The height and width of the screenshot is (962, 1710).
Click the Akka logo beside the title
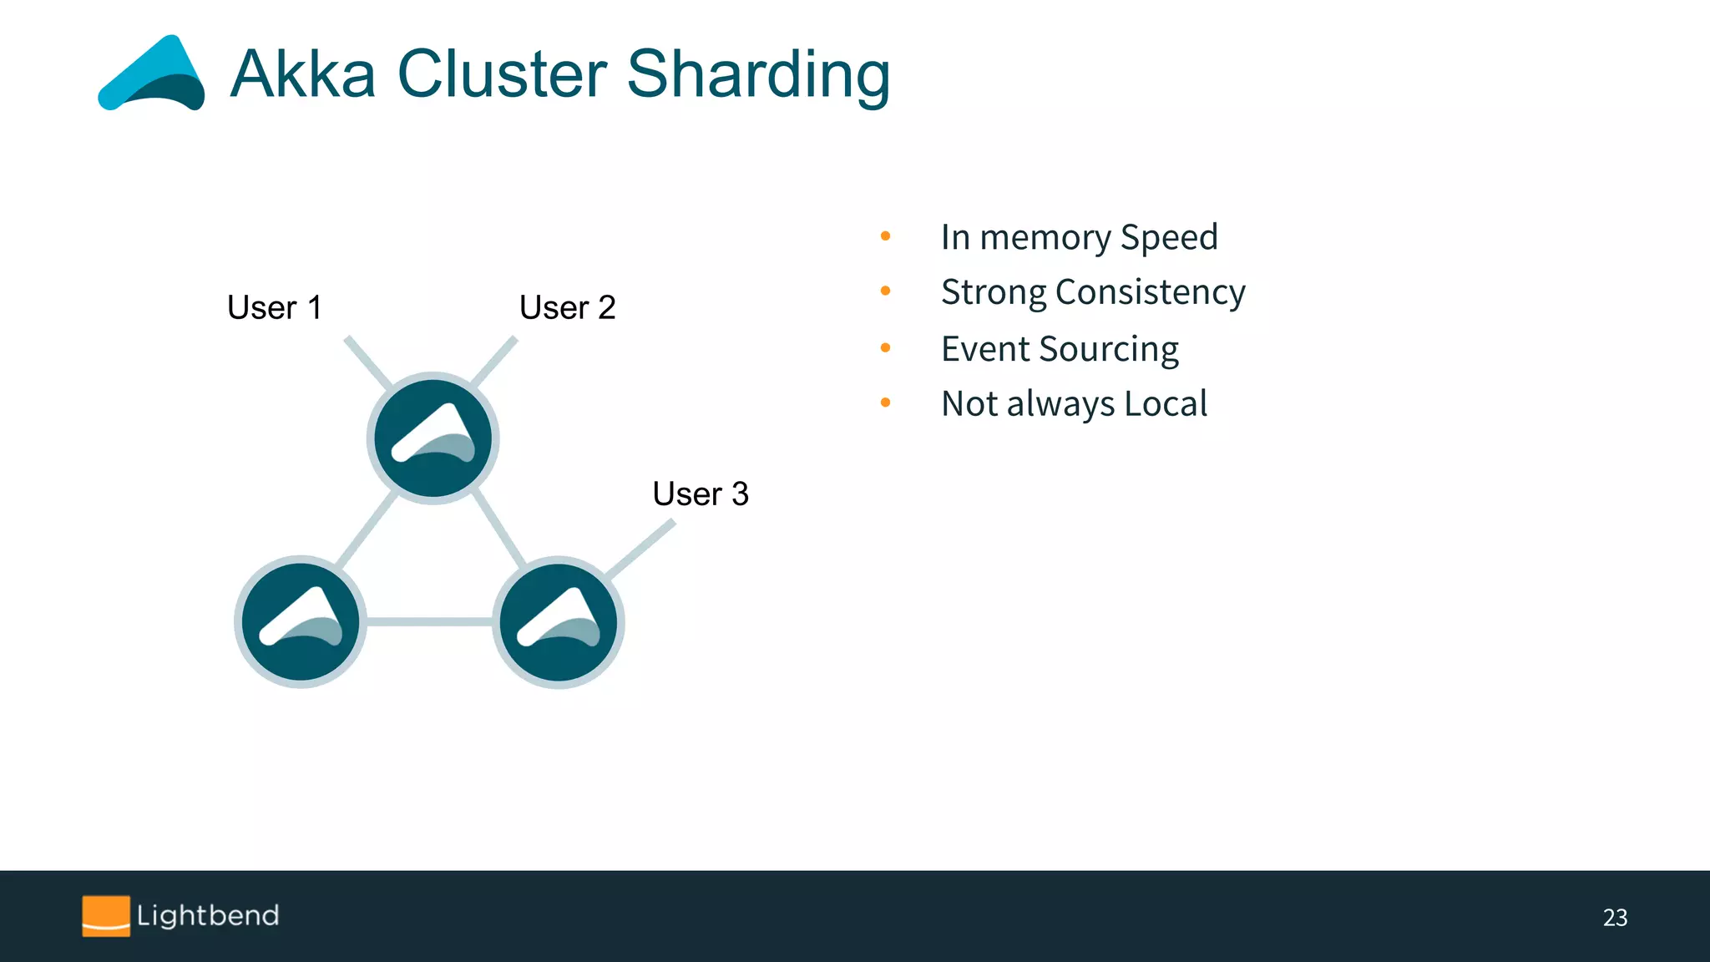click(x=152, y=75)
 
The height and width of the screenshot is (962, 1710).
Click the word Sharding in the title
click(x=757, y=75)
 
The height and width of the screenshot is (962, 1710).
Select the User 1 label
click(x=274, y=307)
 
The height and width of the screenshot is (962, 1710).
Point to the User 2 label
click(x=567, y=307)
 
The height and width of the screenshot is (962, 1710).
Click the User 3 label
click(x=700, y=494)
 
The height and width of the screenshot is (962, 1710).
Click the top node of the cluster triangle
click(x=433, y=438)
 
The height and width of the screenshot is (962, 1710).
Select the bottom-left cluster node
click(x=301, y=622)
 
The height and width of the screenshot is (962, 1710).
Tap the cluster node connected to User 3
click(x=558, y=622)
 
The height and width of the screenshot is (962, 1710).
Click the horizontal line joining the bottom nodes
click(x=429, y=621)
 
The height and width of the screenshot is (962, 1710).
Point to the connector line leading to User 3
click(x=641, y=549)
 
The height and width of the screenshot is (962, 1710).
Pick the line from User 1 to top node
click(x=367, y=362)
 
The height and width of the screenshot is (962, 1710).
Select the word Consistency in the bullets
click(x=1150, y=292)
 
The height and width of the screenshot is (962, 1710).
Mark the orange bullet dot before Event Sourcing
click(x=885, y=347)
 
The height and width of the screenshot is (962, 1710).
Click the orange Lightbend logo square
click(x=106, y=916)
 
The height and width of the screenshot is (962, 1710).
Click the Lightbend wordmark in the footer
click(x=208, y=916)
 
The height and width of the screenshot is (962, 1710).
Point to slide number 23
click(x=1615, y=918)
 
